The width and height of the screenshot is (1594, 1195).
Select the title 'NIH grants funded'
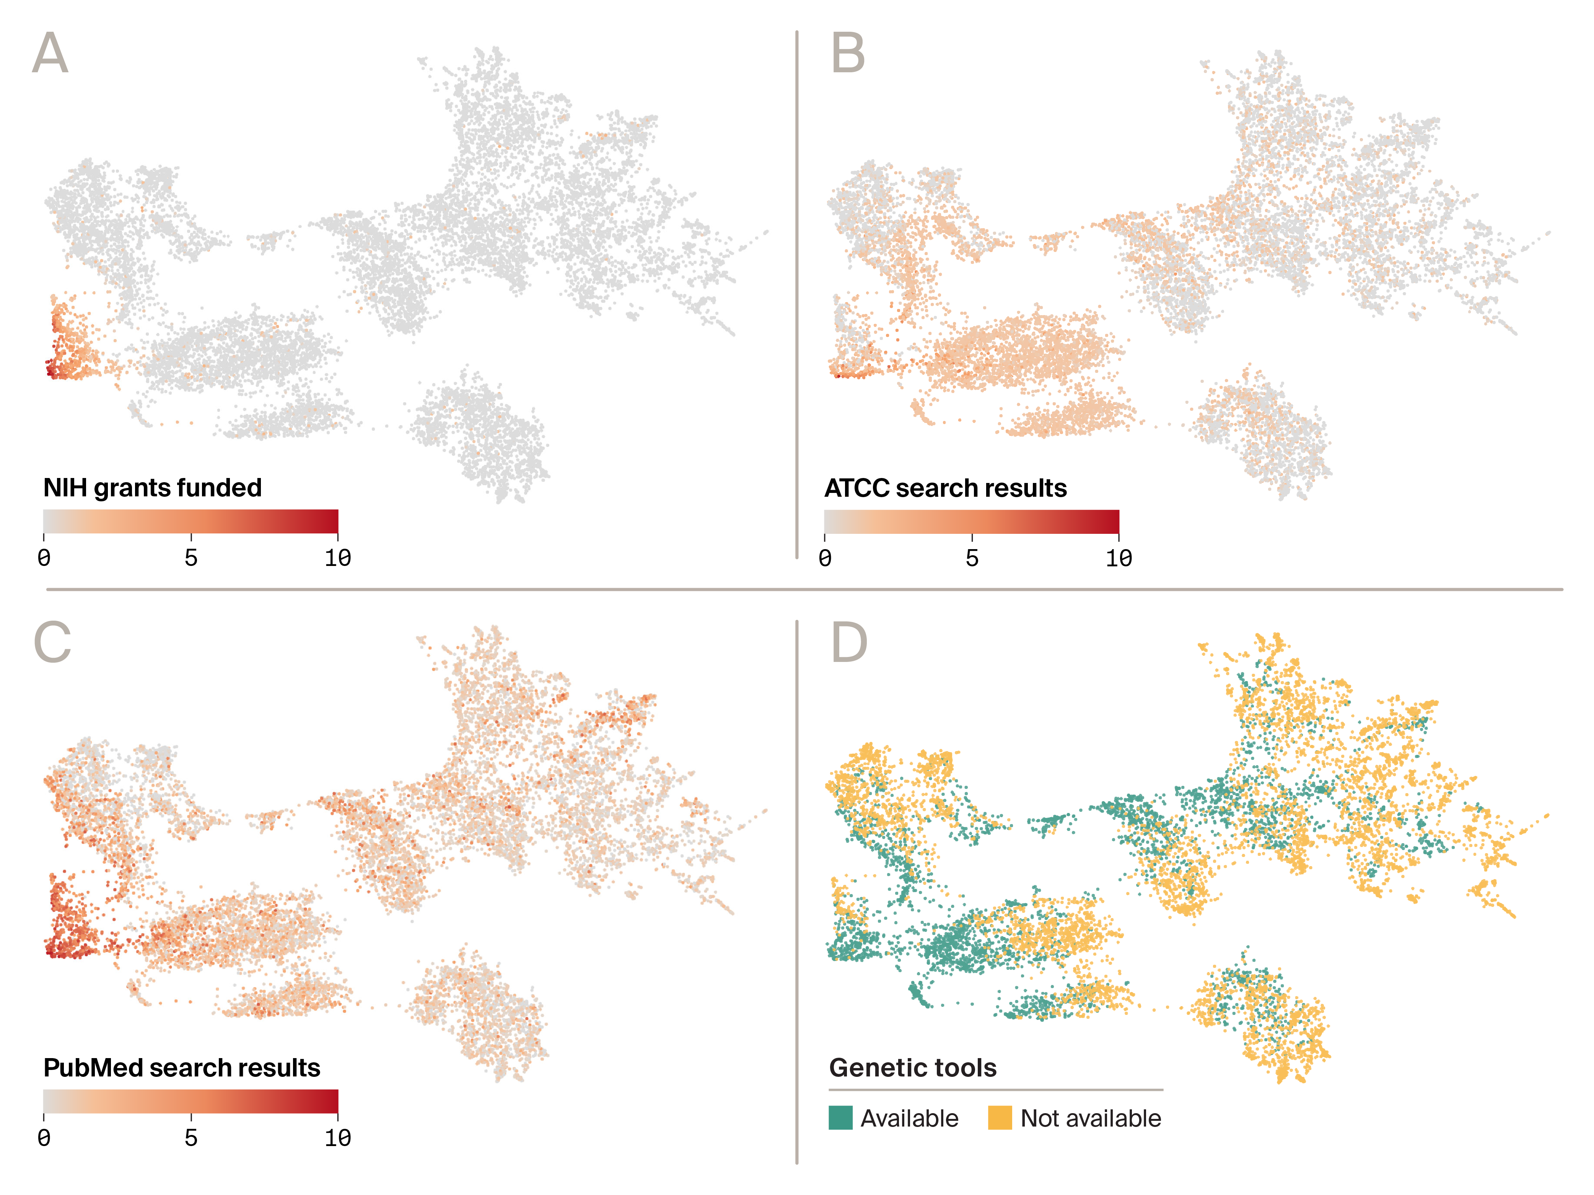(x=152, y=488)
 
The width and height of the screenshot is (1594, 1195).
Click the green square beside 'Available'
(x=840, y=1117)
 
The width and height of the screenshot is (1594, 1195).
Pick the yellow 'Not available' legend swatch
(x=1000, y=1117)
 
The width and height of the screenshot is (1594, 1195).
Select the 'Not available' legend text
(x=1090, y=1118)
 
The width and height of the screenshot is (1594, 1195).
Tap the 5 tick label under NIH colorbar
(x=191, y=558)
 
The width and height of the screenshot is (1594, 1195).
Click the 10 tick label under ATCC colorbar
(x=1119, y=558)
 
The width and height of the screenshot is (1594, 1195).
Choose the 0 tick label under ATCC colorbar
(x=825, y=558)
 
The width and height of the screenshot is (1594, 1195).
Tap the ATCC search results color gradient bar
(x=971, y=521)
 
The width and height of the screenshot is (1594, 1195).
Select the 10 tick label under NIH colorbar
(x=337, y=558)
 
